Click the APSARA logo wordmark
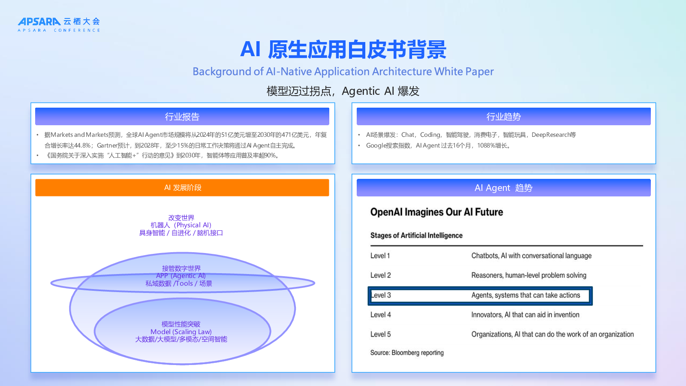tap(39, 22)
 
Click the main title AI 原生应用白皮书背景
tap(343, 49)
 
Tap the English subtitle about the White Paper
tap(343, 71)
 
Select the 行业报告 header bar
tap(182, 116)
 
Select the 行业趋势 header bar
tap(504, 116)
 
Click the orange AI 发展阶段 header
tap(182, 187)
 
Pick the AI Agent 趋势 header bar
tap(504, 187)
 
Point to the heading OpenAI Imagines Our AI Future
tap(437, 212)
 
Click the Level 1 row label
tap(380, 256)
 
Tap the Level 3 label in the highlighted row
tap(381, 296)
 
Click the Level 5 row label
tap(380, 334)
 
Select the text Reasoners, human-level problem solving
tap(529, 275)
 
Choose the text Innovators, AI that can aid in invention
tap(525, 315)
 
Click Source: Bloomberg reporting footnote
tap(407, 353)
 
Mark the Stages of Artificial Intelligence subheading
tap(416, 235)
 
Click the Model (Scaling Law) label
tap(181, 332)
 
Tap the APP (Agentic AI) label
tap(181, 276)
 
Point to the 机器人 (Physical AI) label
tap(181, 225)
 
